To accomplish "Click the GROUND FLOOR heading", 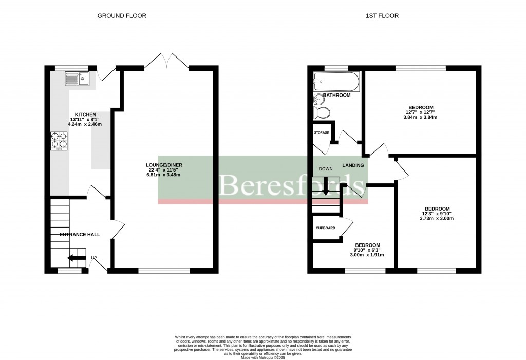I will (122, 16).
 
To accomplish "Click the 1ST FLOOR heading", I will (382, 16).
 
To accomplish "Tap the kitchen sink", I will (77, 79).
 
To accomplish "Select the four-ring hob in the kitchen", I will (59, 141).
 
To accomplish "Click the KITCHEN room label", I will (85, 114).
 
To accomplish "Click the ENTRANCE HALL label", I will (80, 235).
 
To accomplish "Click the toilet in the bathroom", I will (322, 112).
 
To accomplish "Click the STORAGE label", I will (322, 132).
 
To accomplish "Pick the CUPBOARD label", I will (326, 228).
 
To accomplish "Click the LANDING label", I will (353, 165).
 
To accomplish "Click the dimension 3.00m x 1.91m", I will (367, 255).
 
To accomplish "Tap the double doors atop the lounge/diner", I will (166, 61).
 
